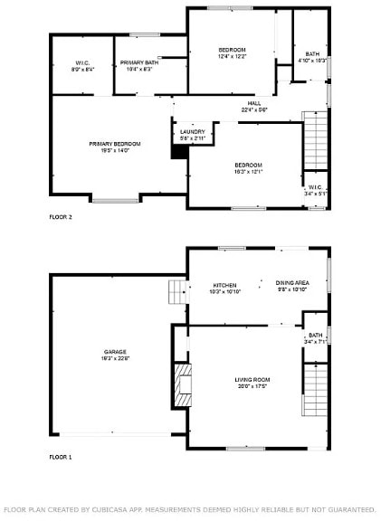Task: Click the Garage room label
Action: (114, 351)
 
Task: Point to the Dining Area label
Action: (291, 283)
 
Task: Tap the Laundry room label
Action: (192, 131)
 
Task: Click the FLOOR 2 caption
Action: (61, 217)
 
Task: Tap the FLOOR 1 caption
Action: (61, 458)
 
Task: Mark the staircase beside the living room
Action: (313, 389)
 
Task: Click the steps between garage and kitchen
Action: (176, 291)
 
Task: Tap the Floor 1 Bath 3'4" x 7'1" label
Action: (314, 338)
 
